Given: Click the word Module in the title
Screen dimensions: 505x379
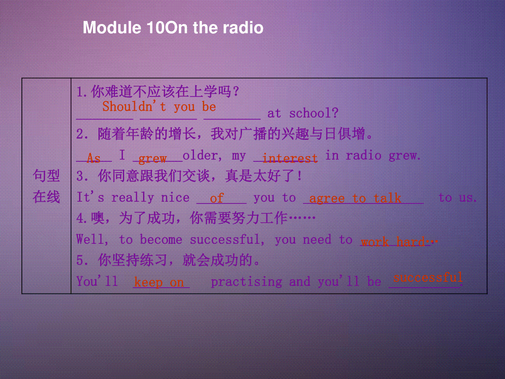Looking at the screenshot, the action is click(x=112, y=28).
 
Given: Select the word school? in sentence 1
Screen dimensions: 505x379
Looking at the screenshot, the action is click(x=314, y=113).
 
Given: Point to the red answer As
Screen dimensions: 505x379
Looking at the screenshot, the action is click(x=94, y=158).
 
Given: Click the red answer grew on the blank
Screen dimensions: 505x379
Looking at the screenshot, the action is click(x=152, y=159).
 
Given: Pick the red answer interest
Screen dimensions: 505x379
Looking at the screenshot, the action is click(x=290, y=158).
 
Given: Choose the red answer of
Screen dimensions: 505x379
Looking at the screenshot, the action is click(x=217, y=198).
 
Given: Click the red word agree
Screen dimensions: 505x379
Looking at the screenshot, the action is click(x=327, y=199).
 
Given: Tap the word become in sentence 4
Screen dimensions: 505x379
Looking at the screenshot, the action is click(x=161, y=240).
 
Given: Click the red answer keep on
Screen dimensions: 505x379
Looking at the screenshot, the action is click(x=159, y=282).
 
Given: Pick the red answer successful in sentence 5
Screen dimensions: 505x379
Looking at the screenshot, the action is click(x=428, y=277).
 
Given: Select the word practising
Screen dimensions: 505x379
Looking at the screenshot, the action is click(x=247, y=282).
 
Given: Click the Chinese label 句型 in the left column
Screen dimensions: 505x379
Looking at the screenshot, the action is click(x=46, y=176).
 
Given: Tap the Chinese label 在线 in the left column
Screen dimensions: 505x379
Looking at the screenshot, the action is click(x=46, y=197).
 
